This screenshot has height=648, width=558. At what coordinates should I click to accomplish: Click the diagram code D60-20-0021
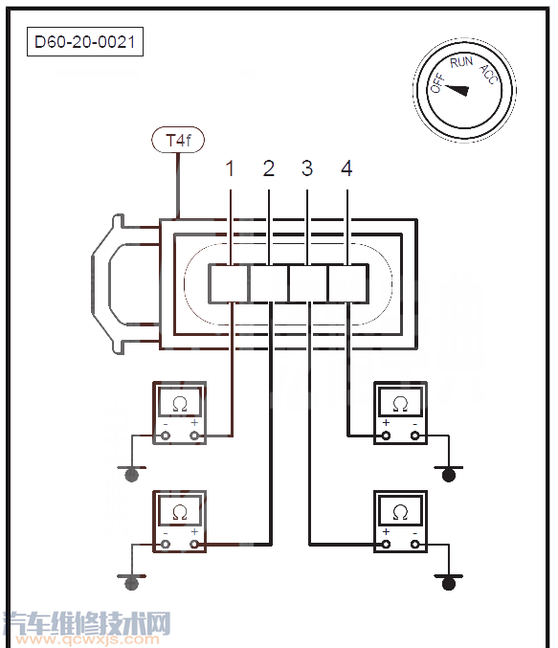pos(85,42)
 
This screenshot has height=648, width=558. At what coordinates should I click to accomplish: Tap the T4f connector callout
pos(178,140)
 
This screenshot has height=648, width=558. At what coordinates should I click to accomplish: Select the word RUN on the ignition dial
pos(461,62)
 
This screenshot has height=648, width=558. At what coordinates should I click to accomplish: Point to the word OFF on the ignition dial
pos(437,83)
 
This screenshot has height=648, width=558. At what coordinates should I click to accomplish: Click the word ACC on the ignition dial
pos(488,75)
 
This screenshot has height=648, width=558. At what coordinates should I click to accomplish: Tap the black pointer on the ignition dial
pos(457,90)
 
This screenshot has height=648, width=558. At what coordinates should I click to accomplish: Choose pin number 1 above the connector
pos(231,168)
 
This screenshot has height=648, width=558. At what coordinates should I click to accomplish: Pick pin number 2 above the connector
pos(269,168)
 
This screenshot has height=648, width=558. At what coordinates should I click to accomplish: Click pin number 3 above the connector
pos(307,168)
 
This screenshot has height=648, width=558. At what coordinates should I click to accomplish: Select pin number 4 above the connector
pos(346,168)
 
